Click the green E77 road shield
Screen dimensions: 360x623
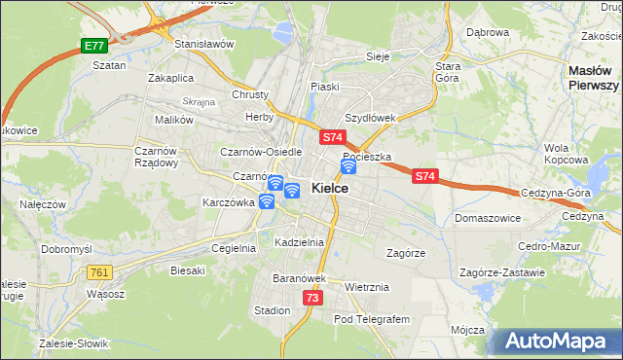point(93,46)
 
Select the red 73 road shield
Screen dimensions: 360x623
point(311,298)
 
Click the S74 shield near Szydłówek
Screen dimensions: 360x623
point(332,139)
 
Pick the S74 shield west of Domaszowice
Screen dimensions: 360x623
point(424,176)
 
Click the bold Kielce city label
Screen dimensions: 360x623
point(330,188)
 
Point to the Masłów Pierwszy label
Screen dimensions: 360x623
point(594,78)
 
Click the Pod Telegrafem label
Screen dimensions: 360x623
point(373,319)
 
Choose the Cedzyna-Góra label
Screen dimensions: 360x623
point(556,193)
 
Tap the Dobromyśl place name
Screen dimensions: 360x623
point(66,249)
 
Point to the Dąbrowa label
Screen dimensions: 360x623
point(488,32)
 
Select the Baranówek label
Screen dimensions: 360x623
point(297,278)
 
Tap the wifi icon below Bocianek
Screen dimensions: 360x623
point(348,166)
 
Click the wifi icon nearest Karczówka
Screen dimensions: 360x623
point(266,201)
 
